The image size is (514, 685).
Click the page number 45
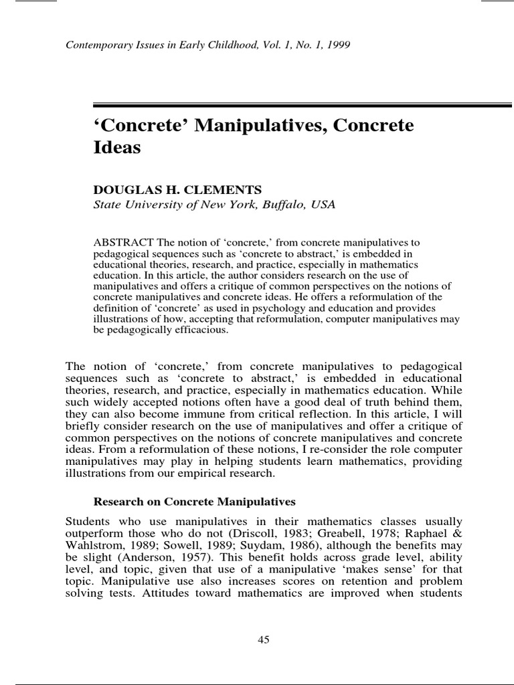(x=263, y=640)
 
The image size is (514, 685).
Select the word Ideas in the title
(x=116, y=149)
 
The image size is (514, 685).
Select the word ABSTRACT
(x=117, y=243)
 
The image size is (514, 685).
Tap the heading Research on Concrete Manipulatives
(x=193, y=501)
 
